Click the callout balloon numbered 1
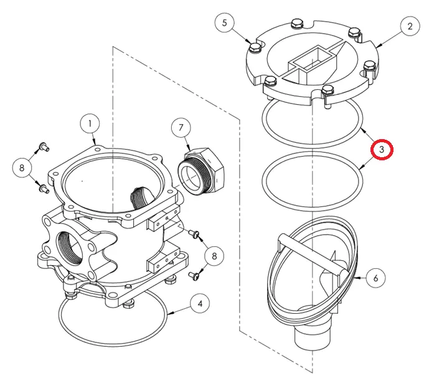tap(90, 124)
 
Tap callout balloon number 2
tap(410, 26)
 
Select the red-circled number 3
tap(382, 150)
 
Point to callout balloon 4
tap(199, 304)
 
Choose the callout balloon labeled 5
tap(225, 24)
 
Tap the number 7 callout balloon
tap(181, 128)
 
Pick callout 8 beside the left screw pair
tap(22, 167)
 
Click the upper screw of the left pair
tap(44, 147)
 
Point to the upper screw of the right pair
tap(195, 235)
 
